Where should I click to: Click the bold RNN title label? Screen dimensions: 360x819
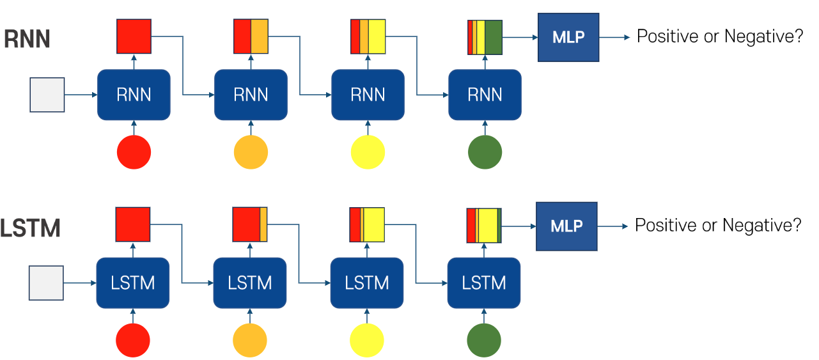[27, 40]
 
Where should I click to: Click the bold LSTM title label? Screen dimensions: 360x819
[30, 228]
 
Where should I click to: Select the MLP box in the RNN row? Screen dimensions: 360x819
[568, 37]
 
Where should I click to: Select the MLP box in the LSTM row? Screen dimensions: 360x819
[566, 226]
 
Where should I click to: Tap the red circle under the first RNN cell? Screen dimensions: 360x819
[134, 152]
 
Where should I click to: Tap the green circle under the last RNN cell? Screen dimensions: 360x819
[485, 152]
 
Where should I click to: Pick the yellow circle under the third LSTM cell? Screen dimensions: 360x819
[367, 340]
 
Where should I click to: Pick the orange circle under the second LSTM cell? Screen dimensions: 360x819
[250, 340]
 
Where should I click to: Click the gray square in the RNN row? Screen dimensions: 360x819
[47, 95]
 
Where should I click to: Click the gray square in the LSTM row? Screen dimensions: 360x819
[47, 283]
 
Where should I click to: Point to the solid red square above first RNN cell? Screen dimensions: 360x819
[134, 36]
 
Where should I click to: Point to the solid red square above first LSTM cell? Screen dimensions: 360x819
[133, 224]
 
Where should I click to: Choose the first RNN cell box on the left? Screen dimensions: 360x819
[134, 95]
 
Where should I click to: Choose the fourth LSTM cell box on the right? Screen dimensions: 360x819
[483, 283]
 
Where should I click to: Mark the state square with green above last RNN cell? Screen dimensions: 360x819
[485, 37]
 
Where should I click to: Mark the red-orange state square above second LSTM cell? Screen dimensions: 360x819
[250, 224]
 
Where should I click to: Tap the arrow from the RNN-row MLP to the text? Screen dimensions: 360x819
[614, 37]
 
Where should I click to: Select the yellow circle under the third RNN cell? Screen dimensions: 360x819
[368, 152]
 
